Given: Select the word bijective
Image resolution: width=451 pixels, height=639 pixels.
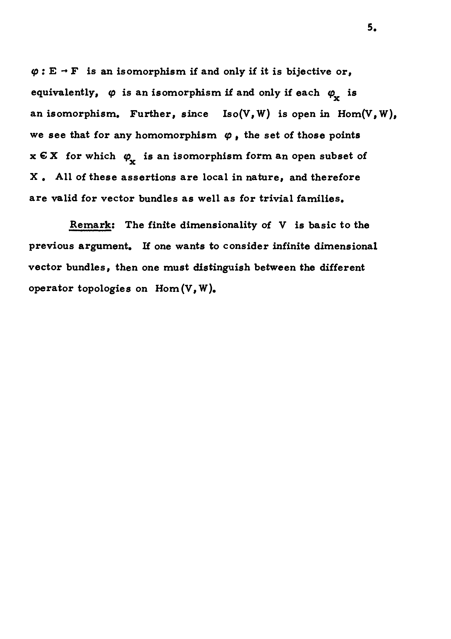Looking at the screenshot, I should [309, 72].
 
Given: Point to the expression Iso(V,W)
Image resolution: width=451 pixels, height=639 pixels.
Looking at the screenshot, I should [246, 114].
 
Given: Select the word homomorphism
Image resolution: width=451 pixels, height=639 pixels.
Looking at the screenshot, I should [176, 136].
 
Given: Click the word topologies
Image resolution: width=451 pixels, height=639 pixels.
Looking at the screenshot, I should [104, 289].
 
